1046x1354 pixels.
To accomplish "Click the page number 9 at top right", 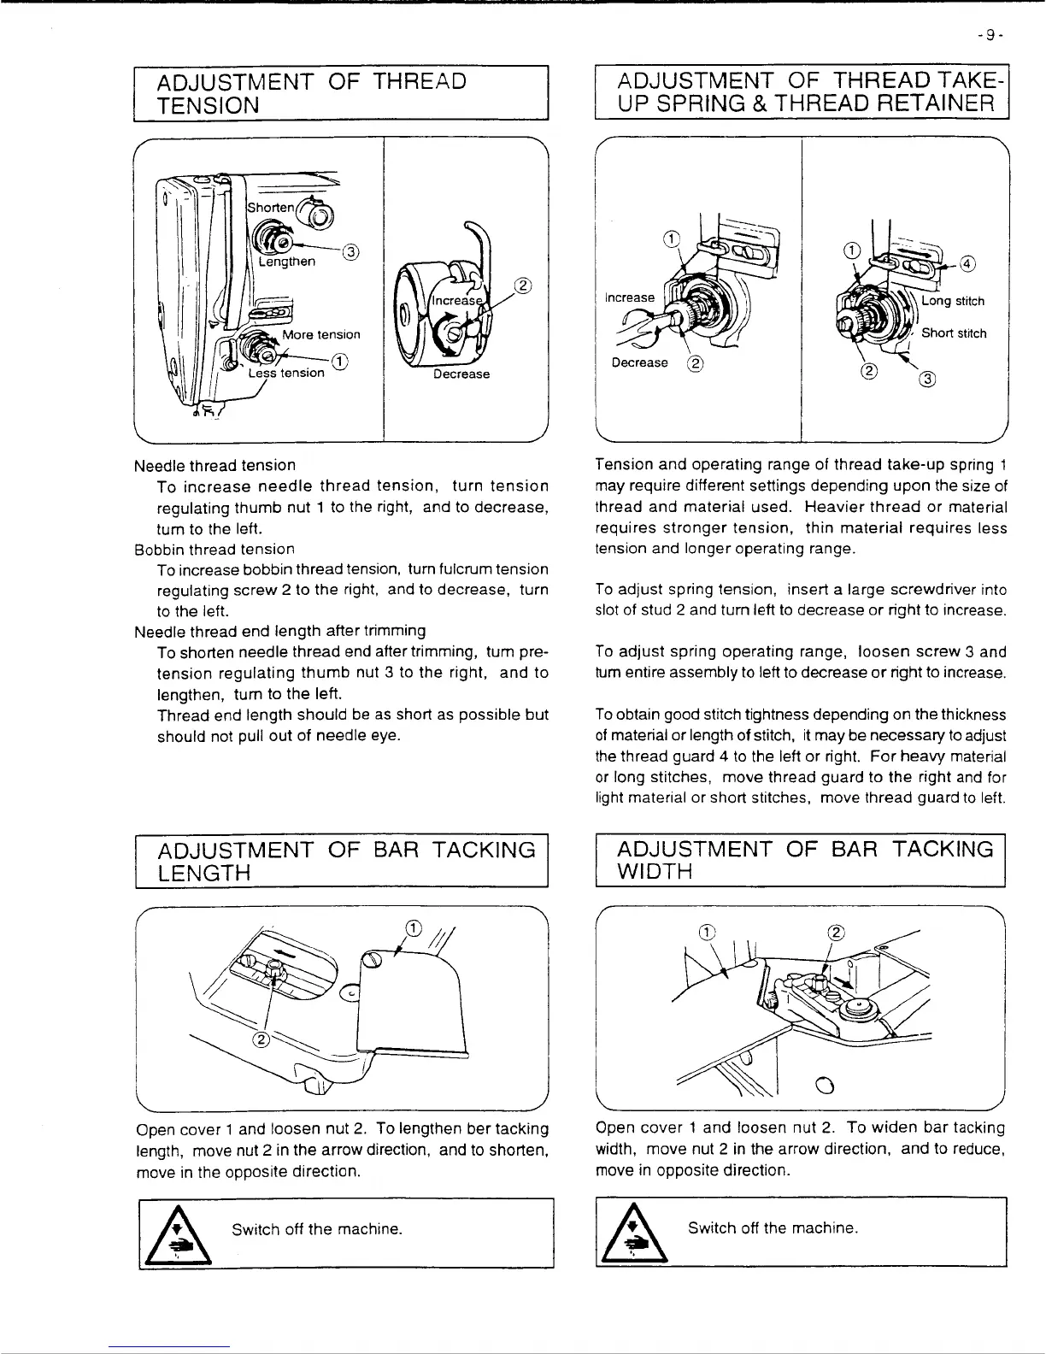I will pos(989,35).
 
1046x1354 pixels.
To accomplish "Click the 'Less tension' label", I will pos(286,373).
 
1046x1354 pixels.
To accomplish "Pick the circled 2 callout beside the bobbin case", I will pos(523,286).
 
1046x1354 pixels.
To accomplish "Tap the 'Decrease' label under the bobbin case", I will pos(461,374).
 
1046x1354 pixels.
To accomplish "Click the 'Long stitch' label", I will pos(953,301).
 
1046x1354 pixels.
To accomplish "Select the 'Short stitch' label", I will pos(954,333).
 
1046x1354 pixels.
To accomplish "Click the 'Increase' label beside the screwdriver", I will pos(630,297).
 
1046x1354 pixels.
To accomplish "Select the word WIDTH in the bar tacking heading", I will pos(655,872).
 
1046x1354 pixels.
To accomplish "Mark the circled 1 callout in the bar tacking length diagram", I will pos(412,928).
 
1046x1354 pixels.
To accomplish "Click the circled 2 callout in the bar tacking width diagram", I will pos(837,932).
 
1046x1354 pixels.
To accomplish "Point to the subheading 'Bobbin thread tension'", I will pos(214,549).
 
